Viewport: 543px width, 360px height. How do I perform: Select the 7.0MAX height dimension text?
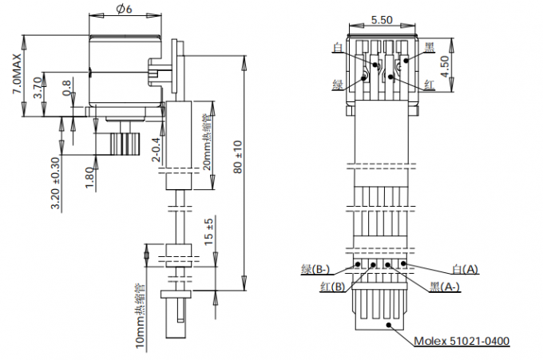(x=17, y=73)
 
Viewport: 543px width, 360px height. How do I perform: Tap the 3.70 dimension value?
(x=38, y=88)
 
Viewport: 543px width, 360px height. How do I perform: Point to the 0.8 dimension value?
(x=66, y=88)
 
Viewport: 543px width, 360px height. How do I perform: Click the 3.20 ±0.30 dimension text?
(x=55, y=184)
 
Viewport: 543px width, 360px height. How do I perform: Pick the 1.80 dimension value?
(x=89, y=178)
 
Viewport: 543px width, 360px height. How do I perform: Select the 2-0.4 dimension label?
(x=157, y=150)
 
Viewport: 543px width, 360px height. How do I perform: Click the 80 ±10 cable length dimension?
(x=238, y=156)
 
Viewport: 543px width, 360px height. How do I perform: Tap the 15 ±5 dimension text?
(x=208, y=231)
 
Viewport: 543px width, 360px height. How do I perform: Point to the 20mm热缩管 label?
(x=207, y=142)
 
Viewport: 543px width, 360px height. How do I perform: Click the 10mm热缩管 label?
(x=140, y=316)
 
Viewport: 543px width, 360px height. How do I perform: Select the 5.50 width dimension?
(x=382, y=20)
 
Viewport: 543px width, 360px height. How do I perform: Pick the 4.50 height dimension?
(x=444, y=66)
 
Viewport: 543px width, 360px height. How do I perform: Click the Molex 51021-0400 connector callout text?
(x=462, y=341)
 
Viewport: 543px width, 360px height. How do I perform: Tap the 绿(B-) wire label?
(x=315, y=269)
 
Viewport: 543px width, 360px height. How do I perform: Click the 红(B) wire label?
(x=333, y=287)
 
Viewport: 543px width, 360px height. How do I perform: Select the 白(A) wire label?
(x=465, y=269)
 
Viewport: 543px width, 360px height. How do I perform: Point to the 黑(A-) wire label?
(x=445, y=287)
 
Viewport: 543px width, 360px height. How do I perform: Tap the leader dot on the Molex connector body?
(x=389, y=325)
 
